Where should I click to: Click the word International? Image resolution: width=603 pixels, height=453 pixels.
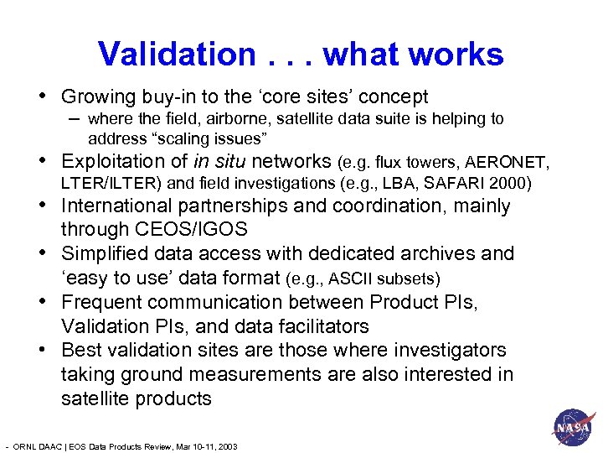pos(121,206)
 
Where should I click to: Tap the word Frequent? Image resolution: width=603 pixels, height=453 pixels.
pos(100,301)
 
